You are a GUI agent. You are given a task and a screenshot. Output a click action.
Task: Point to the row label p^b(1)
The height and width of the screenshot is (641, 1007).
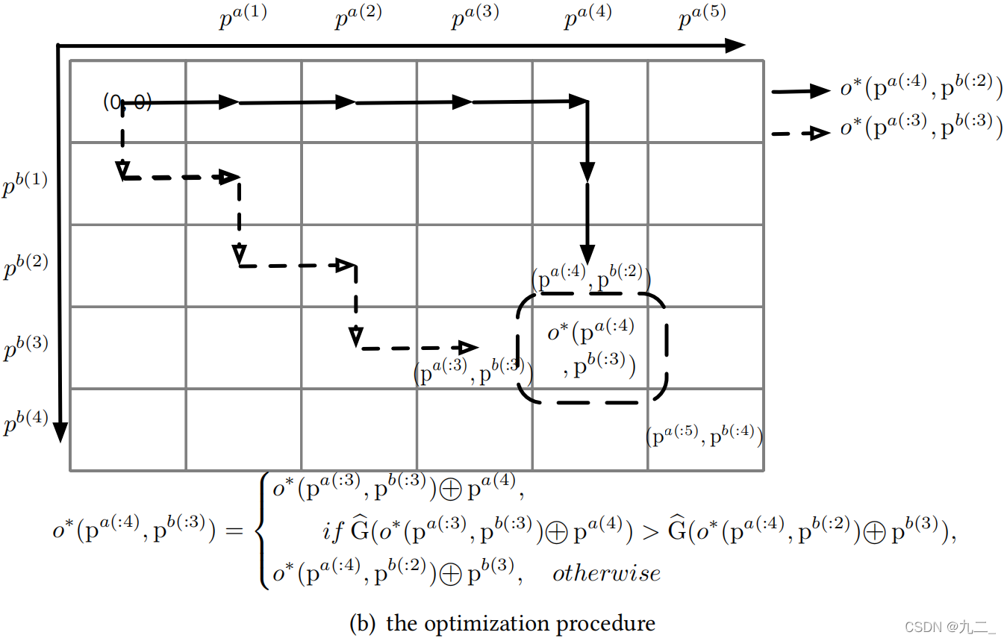tap(25, 184)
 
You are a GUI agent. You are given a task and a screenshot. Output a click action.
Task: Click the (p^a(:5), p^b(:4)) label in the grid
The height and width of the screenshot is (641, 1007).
tap(704, 436)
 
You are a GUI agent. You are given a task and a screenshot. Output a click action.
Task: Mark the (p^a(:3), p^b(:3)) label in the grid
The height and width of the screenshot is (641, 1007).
tap(473, 372)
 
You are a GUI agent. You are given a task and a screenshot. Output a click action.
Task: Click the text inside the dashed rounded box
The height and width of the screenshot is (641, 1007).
tap(591, 348)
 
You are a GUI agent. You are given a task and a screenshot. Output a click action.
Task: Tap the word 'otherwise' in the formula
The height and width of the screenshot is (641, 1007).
tap(606, 573)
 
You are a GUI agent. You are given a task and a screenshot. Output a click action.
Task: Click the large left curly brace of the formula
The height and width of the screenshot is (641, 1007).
tap(262, 531)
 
